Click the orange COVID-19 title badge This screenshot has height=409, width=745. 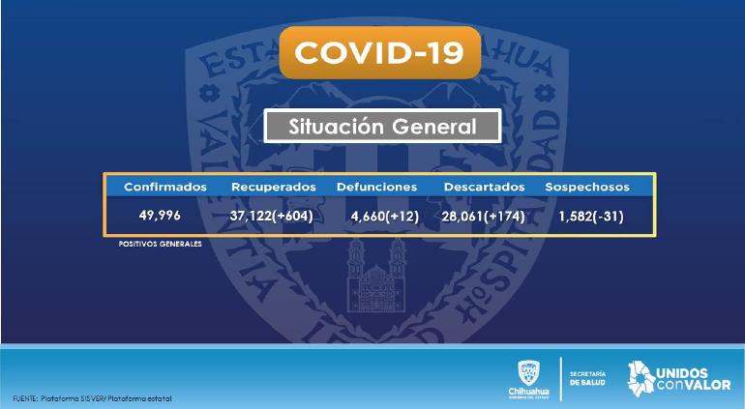pyautogui.click(x=379, y=52)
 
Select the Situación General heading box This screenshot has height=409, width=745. pyautogui.click(x=382, y=126)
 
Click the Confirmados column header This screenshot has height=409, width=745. pyautogui.click(x=165, y=187)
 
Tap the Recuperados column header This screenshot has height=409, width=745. pyautogui.click(x=274, y=188)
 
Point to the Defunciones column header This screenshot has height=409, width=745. pyautogui.click(x=376, y=188)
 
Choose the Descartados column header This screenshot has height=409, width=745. pyautogui.click(x=484, y=188)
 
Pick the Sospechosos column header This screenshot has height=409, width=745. pyautogui.click(x=587, y=188)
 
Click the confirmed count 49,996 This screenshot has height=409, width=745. pyautogui.click(x=160, y=216)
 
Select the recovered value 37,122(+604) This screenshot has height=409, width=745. pyautogui.click(x=271, y=217)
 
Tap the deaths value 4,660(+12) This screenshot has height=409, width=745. pyautogui.click(x=385, y=217)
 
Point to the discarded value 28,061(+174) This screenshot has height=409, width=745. pyautogui.click(x=483, y=217)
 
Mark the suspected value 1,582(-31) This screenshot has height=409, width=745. pyautogui.click(x=591, y=217)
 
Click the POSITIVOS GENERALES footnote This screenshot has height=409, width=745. pyautogui.click(x=160, y=244)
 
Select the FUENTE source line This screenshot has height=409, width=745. pyautogui.click(x=92, y=398)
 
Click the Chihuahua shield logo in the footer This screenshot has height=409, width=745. pyautogui.click(x=529, y=373)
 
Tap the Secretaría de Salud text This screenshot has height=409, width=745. pyautogui.click(x=587, y=378)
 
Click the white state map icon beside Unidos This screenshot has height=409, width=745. pyautogui.click(x=641, y=378)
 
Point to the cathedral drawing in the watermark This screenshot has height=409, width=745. pyautogui.click(x=376, y=275)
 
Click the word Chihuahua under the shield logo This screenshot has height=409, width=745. pyautogui.click(x=529, y=392)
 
